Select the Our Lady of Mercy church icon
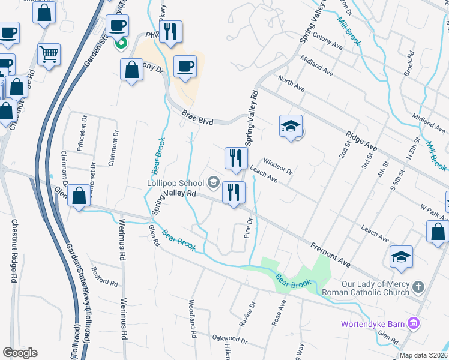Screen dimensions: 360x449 click(418, 287)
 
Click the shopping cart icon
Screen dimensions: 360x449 click(49, 54)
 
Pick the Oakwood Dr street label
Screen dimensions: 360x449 click(229, 340)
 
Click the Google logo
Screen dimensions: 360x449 click(20, 352)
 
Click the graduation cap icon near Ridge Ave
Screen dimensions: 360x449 click(290, 127)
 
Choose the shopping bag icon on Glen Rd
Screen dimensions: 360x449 click(79, 195)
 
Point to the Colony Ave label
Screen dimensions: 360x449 click(327, 38)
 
